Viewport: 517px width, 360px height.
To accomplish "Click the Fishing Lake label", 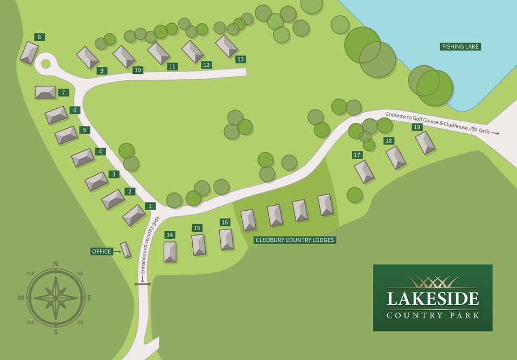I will point(460,47).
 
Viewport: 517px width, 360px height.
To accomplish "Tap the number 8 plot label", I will point(39,37).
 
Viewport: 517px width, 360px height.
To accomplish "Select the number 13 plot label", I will point(240,59).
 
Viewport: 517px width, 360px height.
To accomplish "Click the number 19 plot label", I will point(417,128).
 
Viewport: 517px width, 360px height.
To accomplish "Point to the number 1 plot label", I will point(150,206).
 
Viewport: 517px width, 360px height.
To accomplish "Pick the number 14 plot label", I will point(170,235).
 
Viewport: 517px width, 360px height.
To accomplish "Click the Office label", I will point(102,252).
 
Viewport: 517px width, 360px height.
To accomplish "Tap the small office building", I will point(125,250).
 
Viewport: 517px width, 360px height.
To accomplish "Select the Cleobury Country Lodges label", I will point(295,240).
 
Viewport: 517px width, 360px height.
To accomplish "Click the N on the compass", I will point(55,264).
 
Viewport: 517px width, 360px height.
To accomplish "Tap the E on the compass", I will point(89,297).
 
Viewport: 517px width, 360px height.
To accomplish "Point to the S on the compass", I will point(55,332).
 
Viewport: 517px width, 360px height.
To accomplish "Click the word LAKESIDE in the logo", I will point(432,299).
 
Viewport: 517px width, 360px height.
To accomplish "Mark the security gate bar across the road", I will point(143,284).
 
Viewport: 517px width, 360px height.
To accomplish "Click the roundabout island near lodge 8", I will point(45,64).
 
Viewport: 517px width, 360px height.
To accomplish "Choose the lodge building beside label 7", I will point(45,92).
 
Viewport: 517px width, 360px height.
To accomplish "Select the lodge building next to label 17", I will point(364,172).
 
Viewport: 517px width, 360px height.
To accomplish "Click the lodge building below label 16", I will point(226,239).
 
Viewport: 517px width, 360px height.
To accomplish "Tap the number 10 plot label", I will point(138,70).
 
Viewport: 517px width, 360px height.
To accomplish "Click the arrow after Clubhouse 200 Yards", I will point(495,133).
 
